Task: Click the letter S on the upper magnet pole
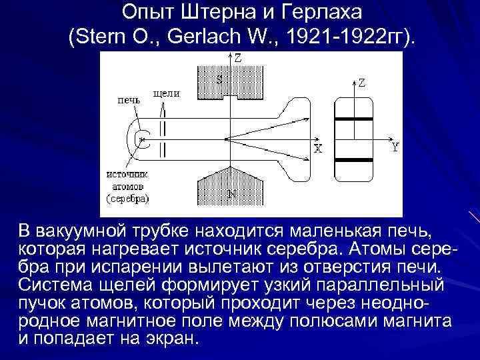[x=220, y=79]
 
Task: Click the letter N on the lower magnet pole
[x=231, y=194]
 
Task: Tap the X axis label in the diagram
[x=319, y=150]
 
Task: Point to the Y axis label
[x=395, y=148]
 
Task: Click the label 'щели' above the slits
[x=166, y=93]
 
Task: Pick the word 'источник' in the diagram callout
[x=127, y=173]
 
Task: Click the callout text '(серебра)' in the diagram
[x=128, y=198]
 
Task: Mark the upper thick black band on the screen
[x=353, y=119]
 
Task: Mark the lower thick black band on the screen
[x=353, y=160]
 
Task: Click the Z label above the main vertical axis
[x=238, y=58]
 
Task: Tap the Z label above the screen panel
[x=361, y=83]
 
